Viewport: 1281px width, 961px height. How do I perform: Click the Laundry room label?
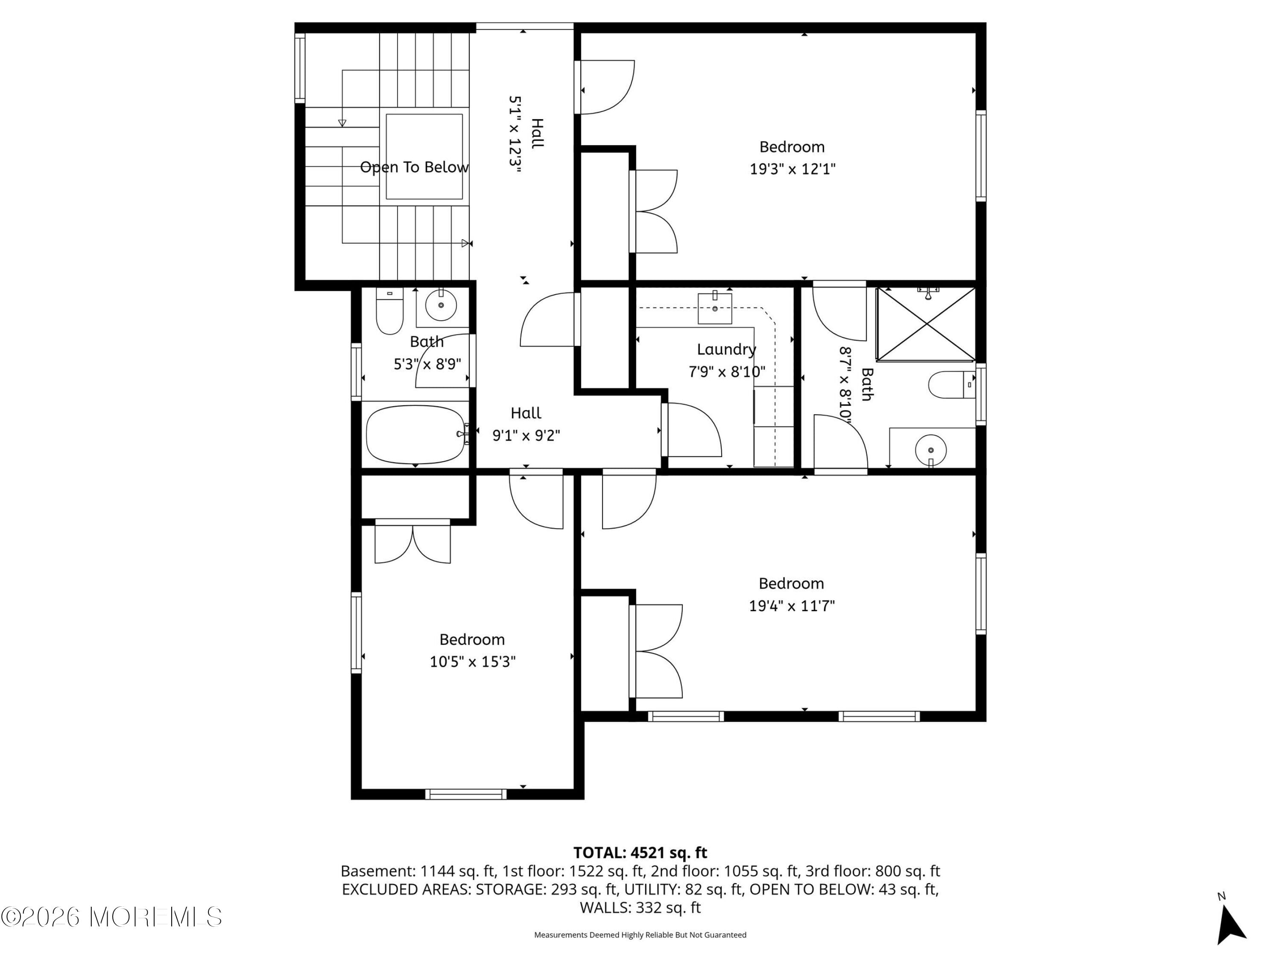[x=726, y=349]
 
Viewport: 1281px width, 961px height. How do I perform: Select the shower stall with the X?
[x=926, y=324]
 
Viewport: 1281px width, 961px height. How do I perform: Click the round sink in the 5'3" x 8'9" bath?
[x=441, y=305]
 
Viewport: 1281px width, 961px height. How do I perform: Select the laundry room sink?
[x=715, y=309]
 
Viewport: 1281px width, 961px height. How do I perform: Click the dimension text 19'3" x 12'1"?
[x=792, y=169]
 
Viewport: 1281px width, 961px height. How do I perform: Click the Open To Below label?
[x=414, y=167]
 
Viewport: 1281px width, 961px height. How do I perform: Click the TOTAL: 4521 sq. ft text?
[x=640, y=853]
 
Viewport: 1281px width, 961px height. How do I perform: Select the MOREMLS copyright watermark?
[x=111, y=917]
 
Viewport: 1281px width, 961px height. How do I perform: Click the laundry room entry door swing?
[x=692, y=430]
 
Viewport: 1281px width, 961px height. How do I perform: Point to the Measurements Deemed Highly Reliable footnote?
[x=640, y=935]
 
